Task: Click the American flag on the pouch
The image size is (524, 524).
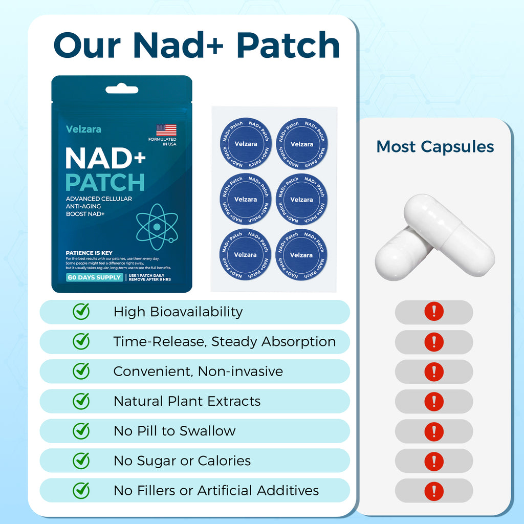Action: [x=166, y=130]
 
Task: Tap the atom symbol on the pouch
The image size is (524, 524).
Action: [x=157, y=227]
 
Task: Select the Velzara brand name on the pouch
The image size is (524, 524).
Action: [x=83, y=129]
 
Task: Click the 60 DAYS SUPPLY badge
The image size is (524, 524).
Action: [x=94, y=277]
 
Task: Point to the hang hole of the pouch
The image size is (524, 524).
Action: [x=122, y=90]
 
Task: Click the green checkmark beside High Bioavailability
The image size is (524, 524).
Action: [x=81, y=311]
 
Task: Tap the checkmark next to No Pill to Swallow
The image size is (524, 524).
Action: [x=81, y=430]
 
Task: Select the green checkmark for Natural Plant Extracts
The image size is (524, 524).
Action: [x=81, y=401]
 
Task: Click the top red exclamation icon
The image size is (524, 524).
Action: [x=434, y=312]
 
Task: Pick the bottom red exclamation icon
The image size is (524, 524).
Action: [x=434, y=491]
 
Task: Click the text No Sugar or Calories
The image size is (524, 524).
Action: [x=182, y=461]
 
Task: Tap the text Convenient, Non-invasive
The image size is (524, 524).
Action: [x=198, y=371]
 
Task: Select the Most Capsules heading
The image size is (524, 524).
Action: [x=435, y=146]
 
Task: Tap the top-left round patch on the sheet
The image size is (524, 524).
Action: [x=246, y=144]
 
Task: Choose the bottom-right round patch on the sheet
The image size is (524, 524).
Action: [x=301, y=255]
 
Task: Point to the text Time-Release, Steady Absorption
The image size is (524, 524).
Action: [x=225, y=341]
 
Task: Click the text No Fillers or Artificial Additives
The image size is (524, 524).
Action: [x=216, y=490]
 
